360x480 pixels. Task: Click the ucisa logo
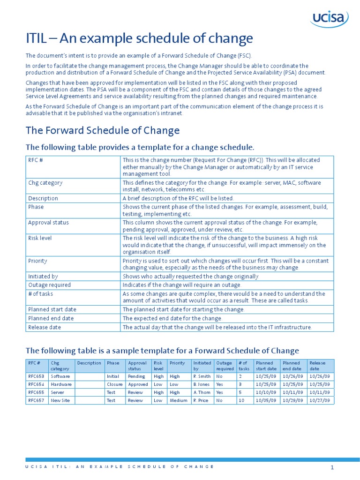click(329, 19)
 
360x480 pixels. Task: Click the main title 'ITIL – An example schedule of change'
click(139, 38)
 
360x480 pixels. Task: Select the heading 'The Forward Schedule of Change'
click(102, 130)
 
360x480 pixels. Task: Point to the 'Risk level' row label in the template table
click(40, 238)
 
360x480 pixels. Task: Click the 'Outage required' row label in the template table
click(49, 285)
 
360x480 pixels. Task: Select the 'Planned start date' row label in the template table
click(52, 310)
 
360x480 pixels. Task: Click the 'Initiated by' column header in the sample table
click(202, 366)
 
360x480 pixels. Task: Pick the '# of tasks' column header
click(243, 366)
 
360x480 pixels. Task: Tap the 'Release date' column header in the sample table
click(317, 366)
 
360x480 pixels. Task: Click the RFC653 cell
click(37, 376)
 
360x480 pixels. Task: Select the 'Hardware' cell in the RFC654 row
click(61, 384)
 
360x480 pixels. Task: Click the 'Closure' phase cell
click(114, 384)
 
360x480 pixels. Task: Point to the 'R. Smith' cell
click(202, 376)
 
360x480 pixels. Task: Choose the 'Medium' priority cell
click(179, 401)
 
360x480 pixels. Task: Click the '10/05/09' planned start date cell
click(266, 401)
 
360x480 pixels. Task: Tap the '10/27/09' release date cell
click(319, 401)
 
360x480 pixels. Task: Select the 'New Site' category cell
click(60, 401)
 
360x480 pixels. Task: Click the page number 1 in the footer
click(332, 467)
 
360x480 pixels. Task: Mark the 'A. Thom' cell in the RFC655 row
click(202, 392)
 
